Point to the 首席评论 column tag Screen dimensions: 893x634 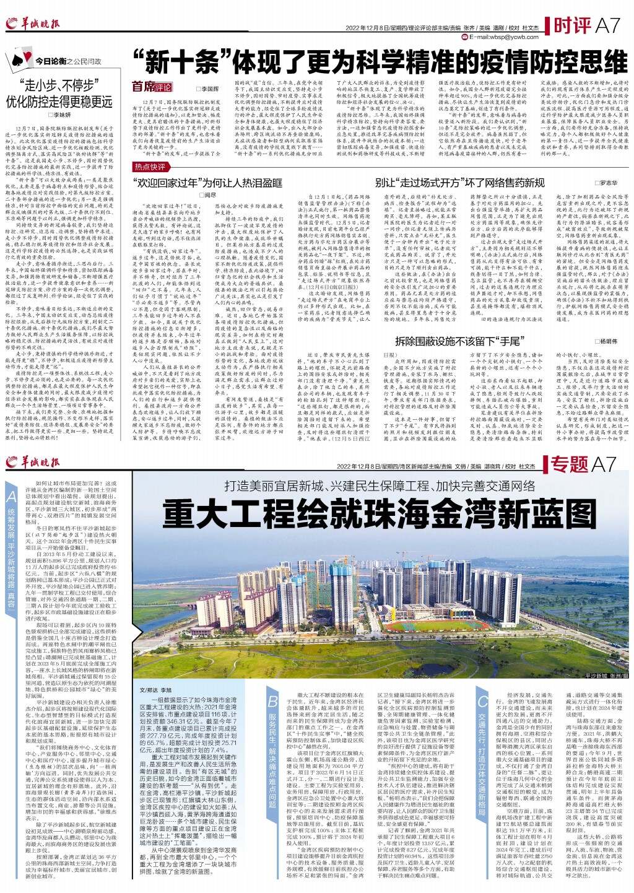(151, 87)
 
